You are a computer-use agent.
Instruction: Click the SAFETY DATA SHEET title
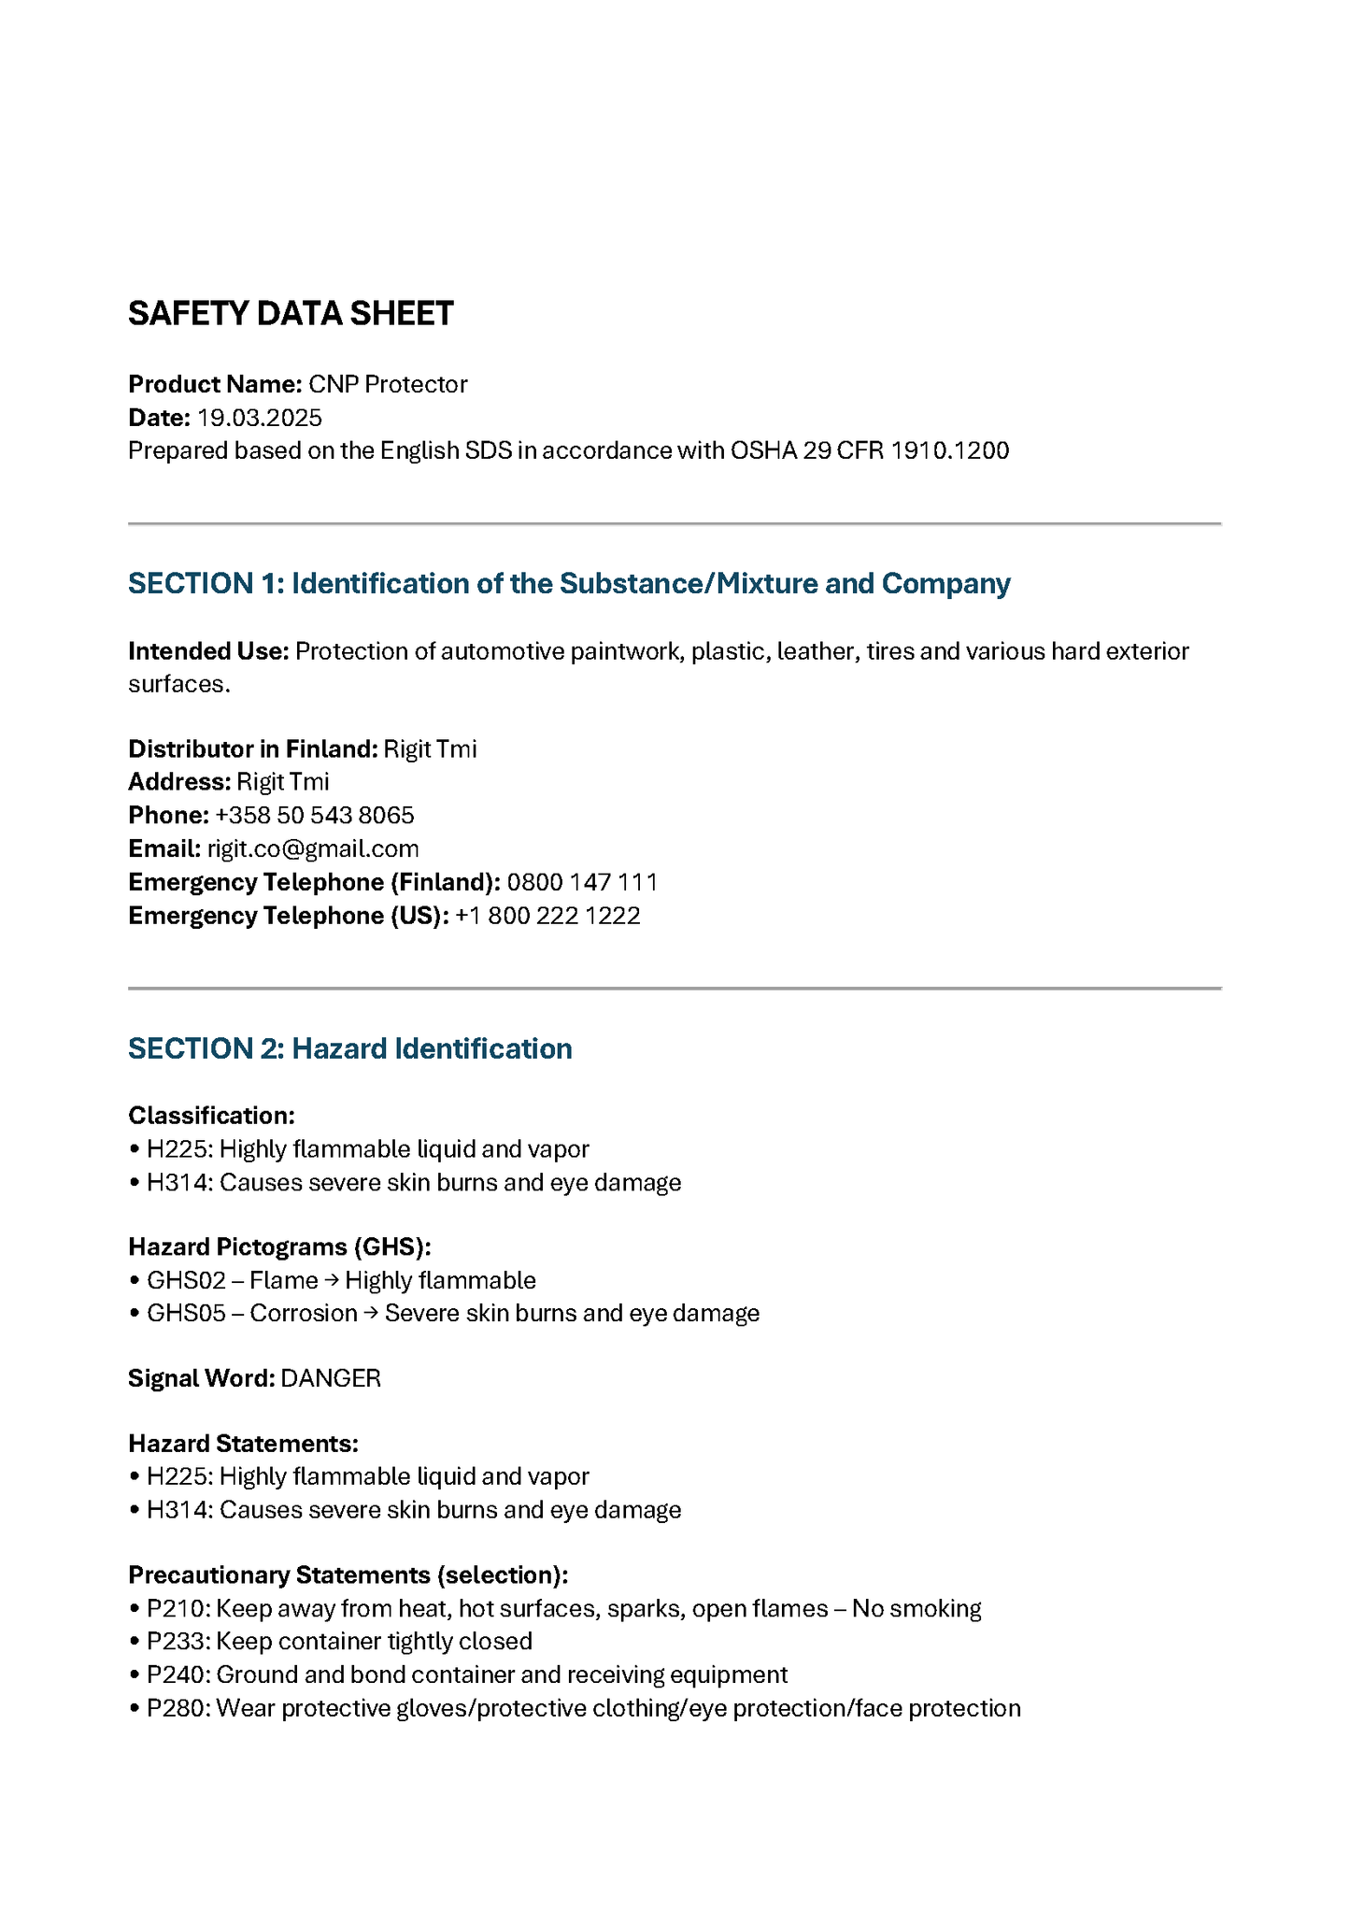(291, 314)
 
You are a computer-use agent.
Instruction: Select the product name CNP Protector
(388, 384)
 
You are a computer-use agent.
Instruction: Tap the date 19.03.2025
(259, 418)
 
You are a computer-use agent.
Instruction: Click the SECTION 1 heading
(569, 583)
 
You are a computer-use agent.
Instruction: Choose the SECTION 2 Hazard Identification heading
(349, 1048)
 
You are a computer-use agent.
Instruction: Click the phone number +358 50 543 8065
(314, 815)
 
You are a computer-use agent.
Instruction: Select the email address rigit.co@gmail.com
(313, 848)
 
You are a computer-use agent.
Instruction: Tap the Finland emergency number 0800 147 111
(582, 882)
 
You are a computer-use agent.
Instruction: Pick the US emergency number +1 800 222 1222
(547, 916)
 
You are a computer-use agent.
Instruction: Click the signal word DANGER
(331, 1378)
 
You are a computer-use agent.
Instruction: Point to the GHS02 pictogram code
(186, 1280)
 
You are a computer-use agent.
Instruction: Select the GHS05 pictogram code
(186, 1313)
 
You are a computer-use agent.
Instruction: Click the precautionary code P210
(178, 1608)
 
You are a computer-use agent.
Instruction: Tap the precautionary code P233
(178, 1641)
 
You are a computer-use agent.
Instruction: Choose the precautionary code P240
(178, 1674)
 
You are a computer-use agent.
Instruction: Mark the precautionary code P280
(178, 1708)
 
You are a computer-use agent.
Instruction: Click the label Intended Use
(208, 651)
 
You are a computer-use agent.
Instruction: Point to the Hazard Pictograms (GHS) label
(279, 1247)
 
